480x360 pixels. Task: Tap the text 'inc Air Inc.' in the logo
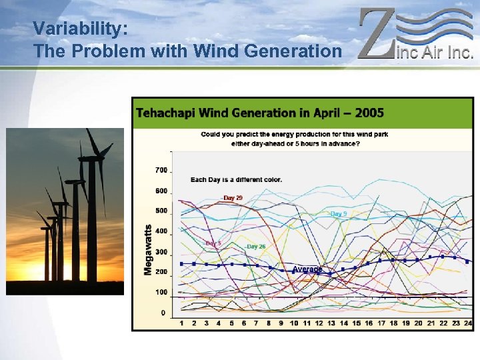[435, 51]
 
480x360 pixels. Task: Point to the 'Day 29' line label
[233, 198]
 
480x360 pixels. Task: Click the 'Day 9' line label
[338, 214]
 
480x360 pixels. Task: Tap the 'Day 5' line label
[213, 244]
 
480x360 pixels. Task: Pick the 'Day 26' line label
[255, 247]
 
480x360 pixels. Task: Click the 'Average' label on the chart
[307, 269]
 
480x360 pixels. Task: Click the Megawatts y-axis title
[148, 249]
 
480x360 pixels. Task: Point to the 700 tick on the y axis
[161, 171]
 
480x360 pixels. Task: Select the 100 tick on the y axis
[161, 293]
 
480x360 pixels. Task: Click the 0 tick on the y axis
[163, 313]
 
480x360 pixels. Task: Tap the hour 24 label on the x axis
[467, 323]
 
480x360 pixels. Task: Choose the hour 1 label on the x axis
[181, 323]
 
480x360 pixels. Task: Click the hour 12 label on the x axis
[319, 323]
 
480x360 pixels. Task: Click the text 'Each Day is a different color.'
[236, 179]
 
